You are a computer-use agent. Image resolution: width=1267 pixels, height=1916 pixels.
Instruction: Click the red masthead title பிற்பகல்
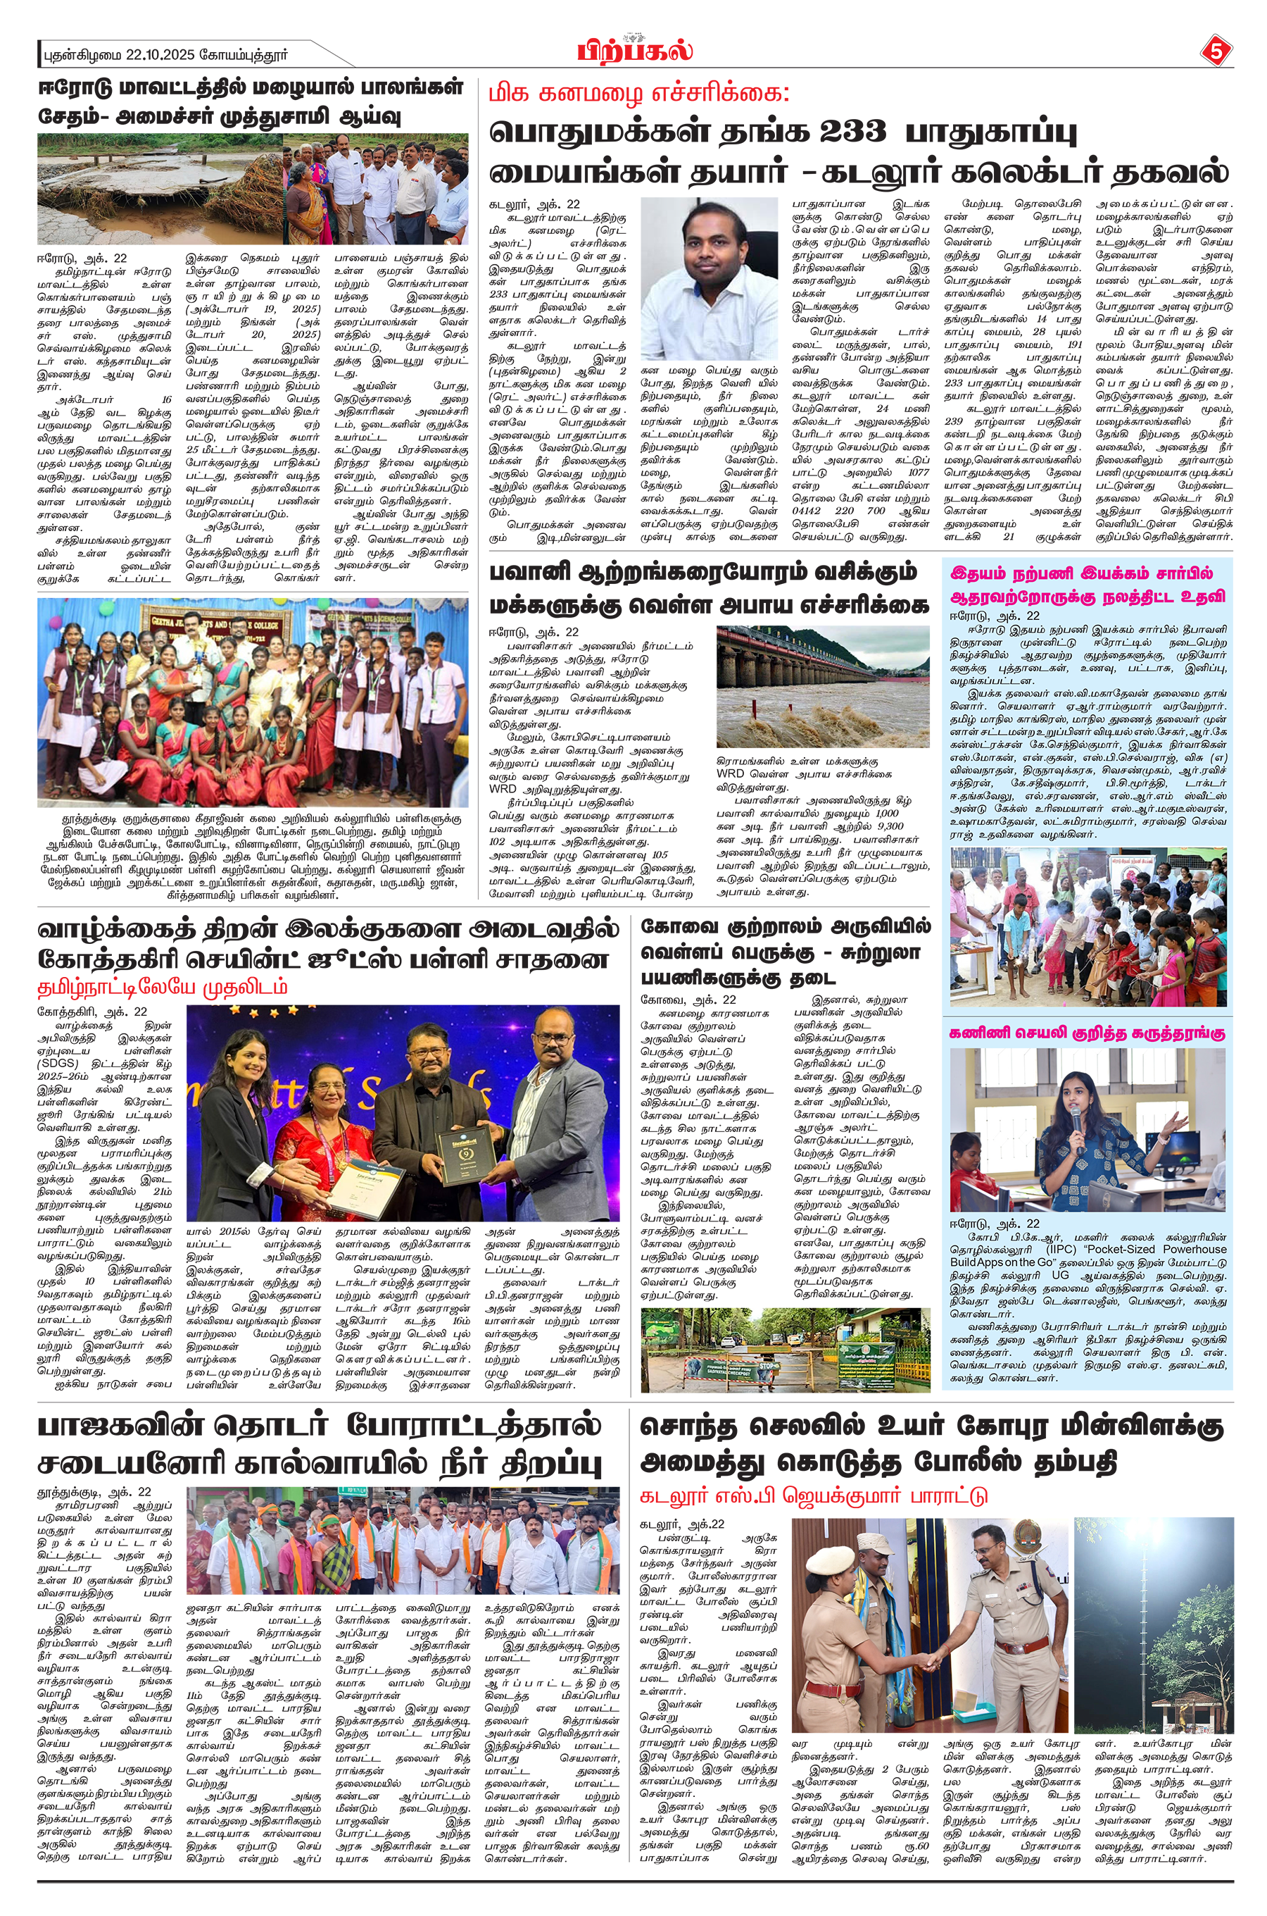click(634, 51)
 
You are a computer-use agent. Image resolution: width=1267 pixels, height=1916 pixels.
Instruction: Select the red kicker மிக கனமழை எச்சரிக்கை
click(638, 94)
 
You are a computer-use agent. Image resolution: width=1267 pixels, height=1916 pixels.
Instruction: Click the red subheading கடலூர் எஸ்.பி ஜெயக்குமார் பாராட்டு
click(813, 1495)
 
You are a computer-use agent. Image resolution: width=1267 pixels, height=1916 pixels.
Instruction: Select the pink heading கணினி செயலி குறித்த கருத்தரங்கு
click(1087, 1033)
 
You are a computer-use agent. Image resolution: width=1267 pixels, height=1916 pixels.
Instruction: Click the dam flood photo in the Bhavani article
click(823, 685)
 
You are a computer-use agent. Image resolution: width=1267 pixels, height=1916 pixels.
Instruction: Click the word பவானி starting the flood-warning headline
click(530, 573)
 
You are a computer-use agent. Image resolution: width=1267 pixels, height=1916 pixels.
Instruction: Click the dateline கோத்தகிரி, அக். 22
click(92, 1012)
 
